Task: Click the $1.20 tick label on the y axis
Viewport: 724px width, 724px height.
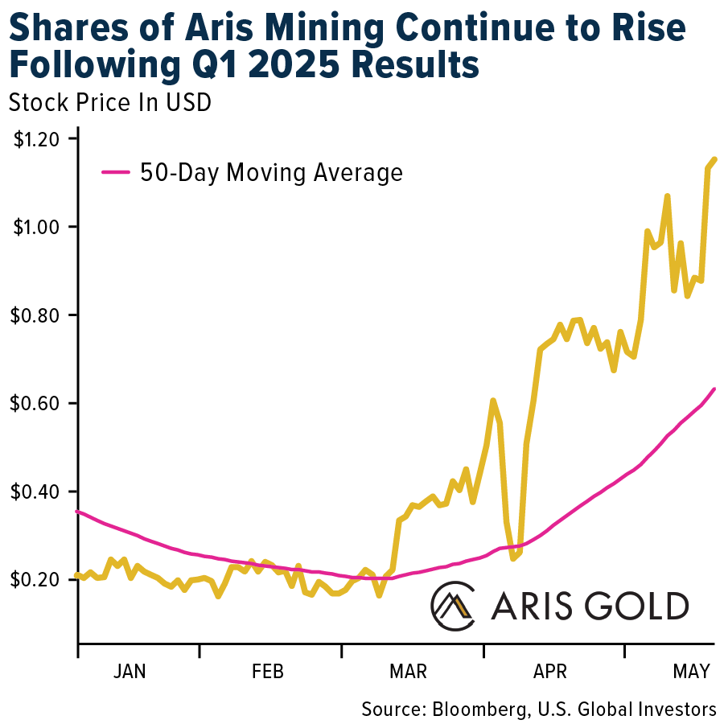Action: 35,139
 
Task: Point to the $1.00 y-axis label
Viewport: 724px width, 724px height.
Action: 35,228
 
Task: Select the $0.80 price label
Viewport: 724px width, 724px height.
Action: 35,315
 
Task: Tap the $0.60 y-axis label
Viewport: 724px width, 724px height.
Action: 35,404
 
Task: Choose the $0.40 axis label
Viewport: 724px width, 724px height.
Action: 35,492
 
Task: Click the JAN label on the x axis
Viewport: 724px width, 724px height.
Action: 130,672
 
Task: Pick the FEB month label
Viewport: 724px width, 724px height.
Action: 268,672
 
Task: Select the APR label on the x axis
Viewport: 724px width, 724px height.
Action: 549,672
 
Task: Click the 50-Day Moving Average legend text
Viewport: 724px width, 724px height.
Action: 270,172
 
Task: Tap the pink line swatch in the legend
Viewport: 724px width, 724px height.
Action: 115,171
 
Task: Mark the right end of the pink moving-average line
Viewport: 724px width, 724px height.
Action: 714,389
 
